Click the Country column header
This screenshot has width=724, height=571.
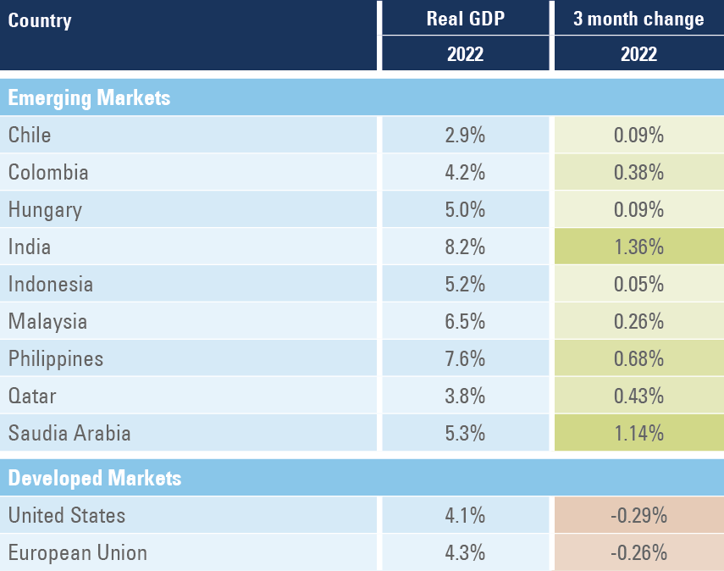tap(40, 20)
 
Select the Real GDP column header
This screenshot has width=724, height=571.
tap(465, 19)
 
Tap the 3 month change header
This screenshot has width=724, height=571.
tap(638, 19)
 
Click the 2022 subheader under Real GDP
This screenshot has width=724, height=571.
tap(465, 54)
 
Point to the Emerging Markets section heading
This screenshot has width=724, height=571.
tap(89, 97)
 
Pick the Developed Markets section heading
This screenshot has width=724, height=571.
tap(95, 478)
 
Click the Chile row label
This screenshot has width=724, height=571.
tap(30, 135)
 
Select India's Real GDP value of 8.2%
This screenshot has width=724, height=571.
tap(465, 247)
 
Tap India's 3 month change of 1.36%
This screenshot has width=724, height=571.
tap(638, 247)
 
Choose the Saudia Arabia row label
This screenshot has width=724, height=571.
tap(69, 433)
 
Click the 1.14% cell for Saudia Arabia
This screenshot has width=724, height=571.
tap(638, 433)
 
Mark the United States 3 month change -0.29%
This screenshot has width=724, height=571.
tap(638, 515)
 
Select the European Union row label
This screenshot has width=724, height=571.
tap(78, 552)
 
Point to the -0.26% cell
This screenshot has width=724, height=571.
tap(638, 552)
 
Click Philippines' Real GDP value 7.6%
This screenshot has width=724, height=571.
tap(465, 358)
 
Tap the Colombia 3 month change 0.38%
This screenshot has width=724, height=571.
tap(638, 172)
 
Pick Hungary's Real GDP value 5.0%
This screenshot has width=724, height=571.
tap(465, 209)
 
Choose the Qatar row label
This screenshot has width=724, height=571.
tap(32, 396)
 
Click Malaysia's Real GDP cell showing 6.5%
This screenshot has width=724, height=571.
tap(465, 321)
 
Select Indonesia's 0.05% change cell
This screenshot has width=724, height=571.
tap(638, 284)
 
